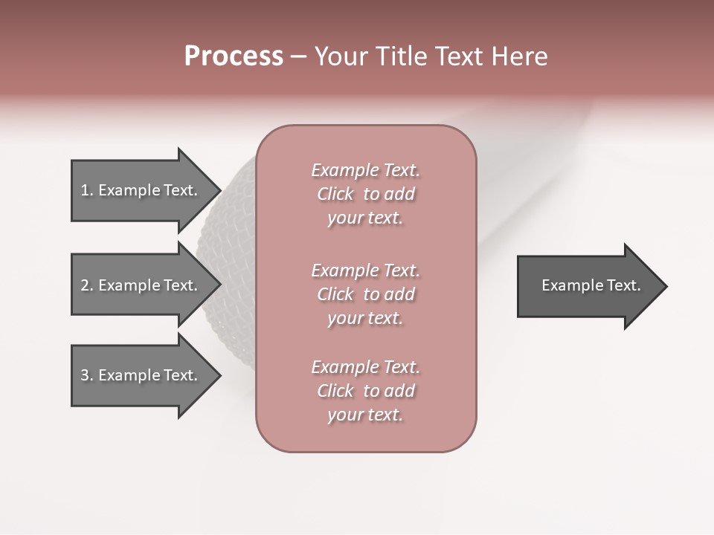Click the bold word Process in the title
click(x=234, y=56)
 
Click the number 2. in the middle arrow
click(x=87, y=285)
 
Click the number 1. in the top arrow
click(x=87, y=190)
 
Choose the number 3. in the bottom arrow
click(x=87, y=375)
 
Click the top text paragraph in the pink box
click(x=365, y=194)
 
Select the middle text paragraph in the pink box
click(x=365, y=294)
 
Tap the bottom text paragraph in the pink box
click(x=365, y=391)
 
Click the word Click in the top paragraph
click(x=335, y=195)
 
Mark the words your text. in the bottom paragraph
click(x=365, y=415)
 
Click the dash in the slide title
click(x=299, y=56)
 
